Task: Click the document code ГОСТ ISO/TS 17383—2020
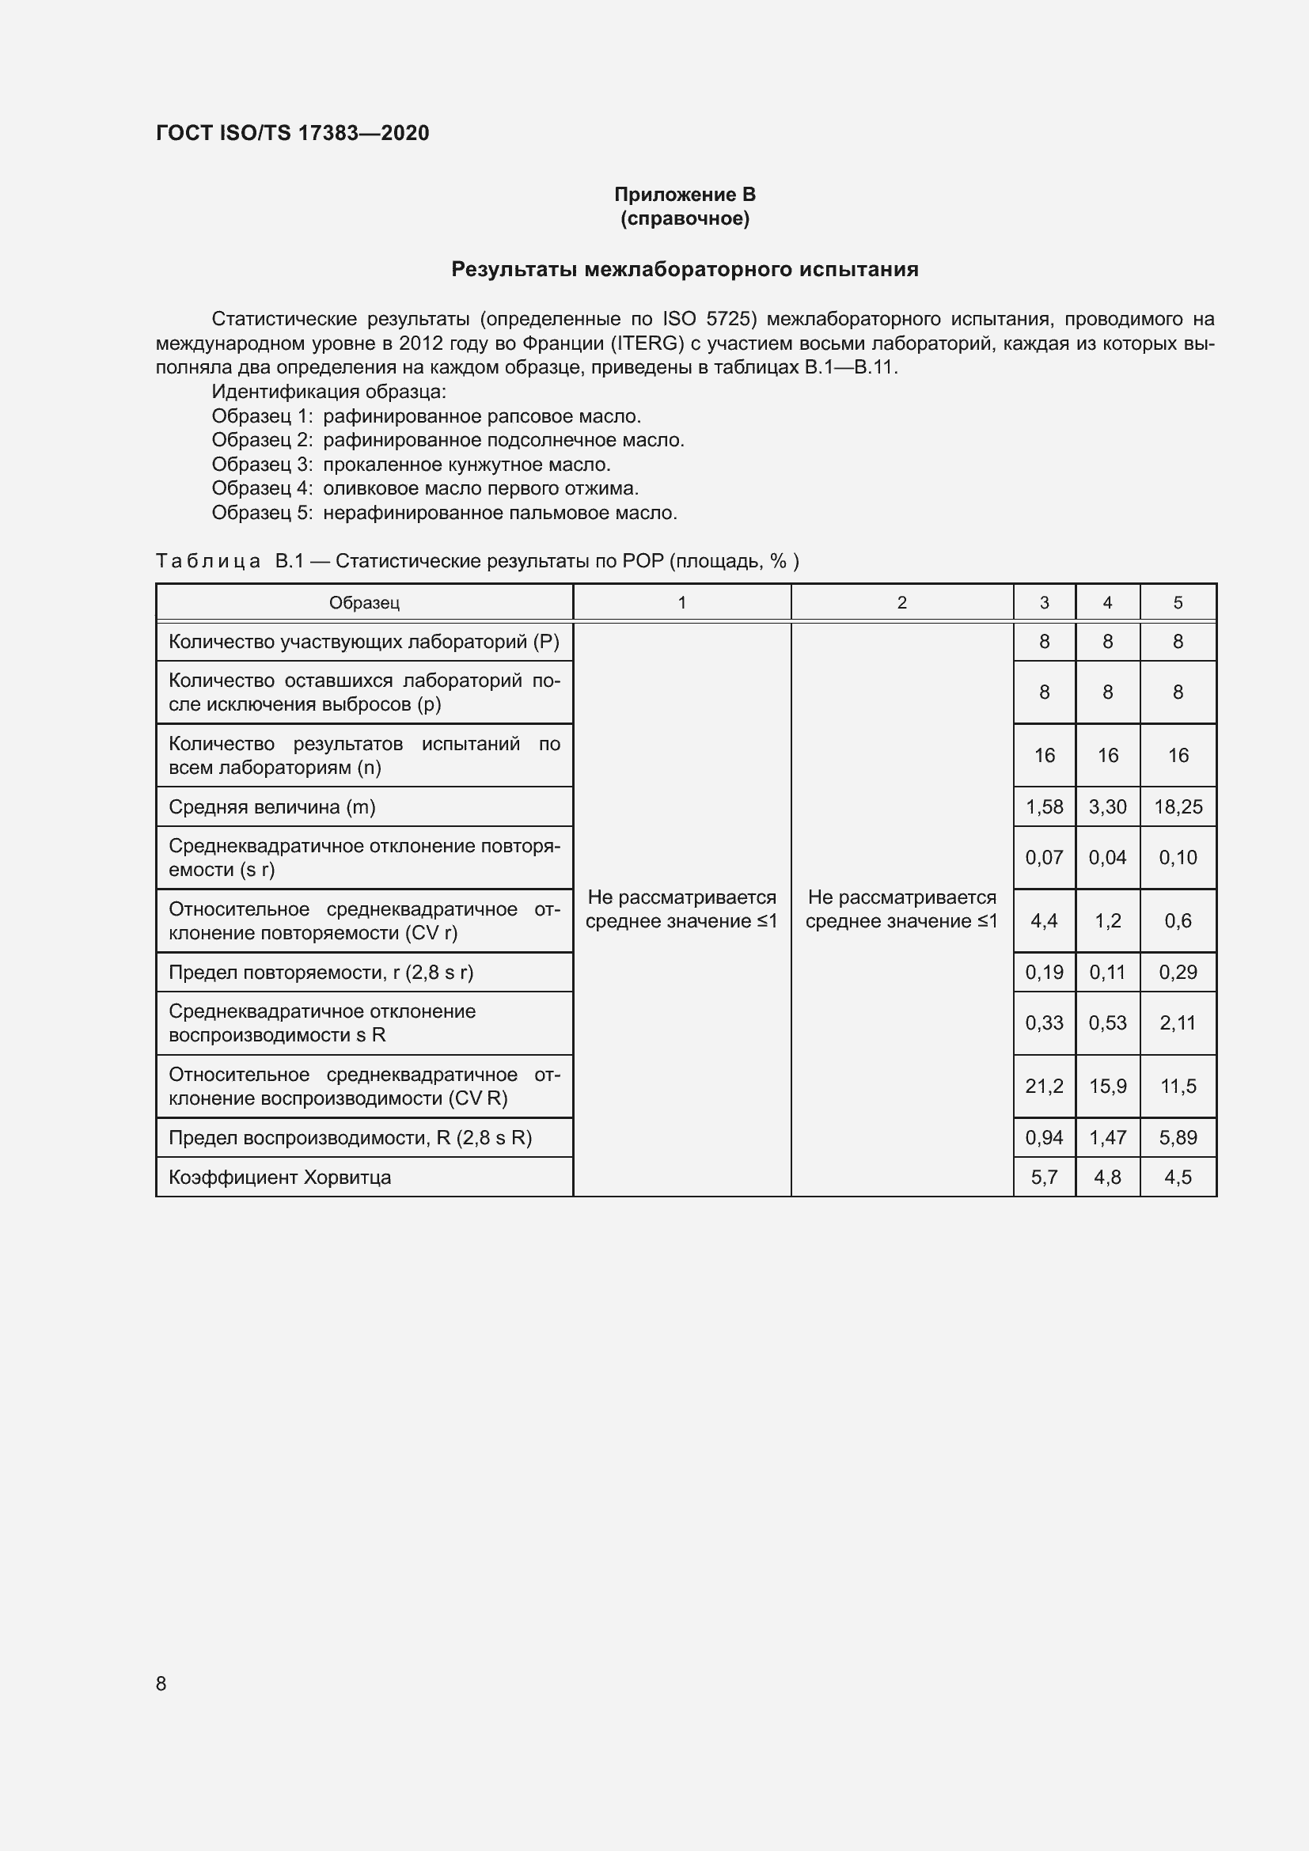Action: point(292,133)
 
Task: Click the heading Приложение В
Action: point(685,195)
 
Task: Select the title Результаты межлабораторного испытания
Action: point(685,269)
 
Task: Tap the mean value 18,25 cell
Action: point(1178,807)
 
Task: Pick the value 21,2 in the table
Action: point(1044,1086)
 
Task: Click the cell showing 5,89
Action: point(1178,1137)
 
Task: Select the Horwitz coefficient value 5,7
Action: point(1044,1177)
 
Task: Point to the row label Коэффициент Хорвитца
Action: point(279,1177)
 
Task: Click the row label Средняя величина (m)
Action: point(271,807)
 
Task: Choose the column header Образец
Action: point(363,603)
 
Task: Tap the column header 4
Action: point(1107,603)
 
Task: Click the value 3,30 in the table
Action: point(1107,807)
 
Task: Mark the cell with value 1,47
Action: point(1107,1137)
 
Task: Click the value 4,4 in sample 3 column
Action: point(1044,920)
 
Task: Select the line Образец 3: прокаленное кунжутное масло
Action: point(411,465)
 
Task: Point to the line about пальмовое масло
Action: point(444,513)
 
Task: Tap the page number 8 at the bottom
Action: point(161,1683)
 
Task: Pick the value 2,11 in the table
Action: point(1178,1023)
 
